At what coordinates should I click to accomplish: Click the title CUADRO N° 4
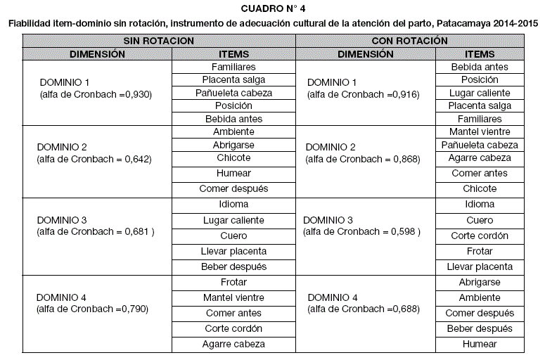tap(273, 8)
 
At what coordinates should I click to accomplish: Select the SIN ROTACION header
tap(159, 41)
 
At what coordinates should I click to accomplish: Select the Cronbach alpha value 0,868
tap(406, 159)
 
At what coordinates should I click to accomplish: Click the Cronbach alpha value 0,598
tap(404, 231)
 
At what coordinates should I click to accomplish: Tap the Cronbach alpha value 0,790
tap(134, 308)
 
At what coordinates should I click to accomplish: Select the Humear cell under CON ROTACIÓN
tap(480, 345)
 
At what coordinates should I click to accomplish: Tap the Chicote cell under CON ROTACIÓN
tap(480, 189)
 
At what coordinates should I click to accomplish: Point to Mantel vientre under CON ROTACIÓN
tap(480, 131)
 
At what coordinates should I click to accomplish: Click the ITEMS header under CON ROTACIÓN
tap(480, 54)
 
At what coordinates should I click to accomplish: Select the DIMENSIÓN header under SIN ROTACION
tap(97, 54)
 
